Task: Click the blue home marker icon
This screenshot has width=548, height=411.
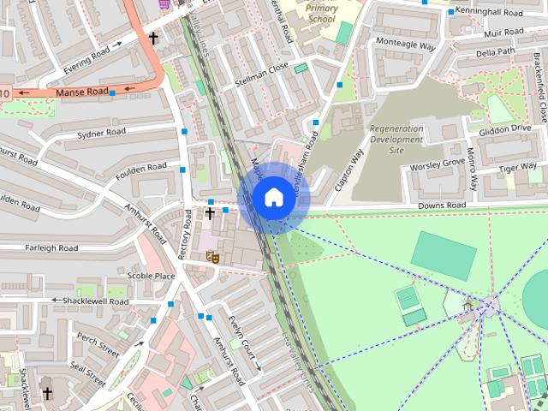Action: [272, 198]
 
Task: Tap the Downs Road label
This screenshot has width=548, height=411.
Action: [442, 205]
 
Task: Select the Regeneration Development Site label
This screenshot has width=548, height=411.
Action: [396, 140]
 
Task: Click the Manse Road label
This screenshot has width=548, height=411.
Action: [82, 92]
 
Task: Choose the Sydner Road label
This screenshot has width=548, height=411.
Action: [101, 133]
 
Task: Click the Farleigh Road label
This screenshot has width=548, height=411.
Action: [51, 248]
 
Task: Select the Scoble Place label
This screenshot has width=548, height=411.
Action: [151, 276]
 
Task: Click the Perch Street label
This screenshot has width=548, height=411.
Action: [98, 348]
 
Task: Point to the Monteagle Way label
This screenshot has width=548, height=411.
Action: [400, 46]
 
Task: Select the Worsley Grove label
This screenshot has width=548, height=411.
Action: [438, 164]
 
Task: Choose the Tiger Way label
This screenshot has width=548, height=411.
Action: [518, 167]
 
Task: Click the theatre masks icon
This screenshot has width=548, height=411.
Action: [212, 256]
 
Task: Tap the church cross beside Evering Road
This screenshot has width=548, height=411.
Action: [153, 39]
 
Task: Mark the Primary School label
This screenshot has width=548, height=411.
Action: [321, 13]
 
